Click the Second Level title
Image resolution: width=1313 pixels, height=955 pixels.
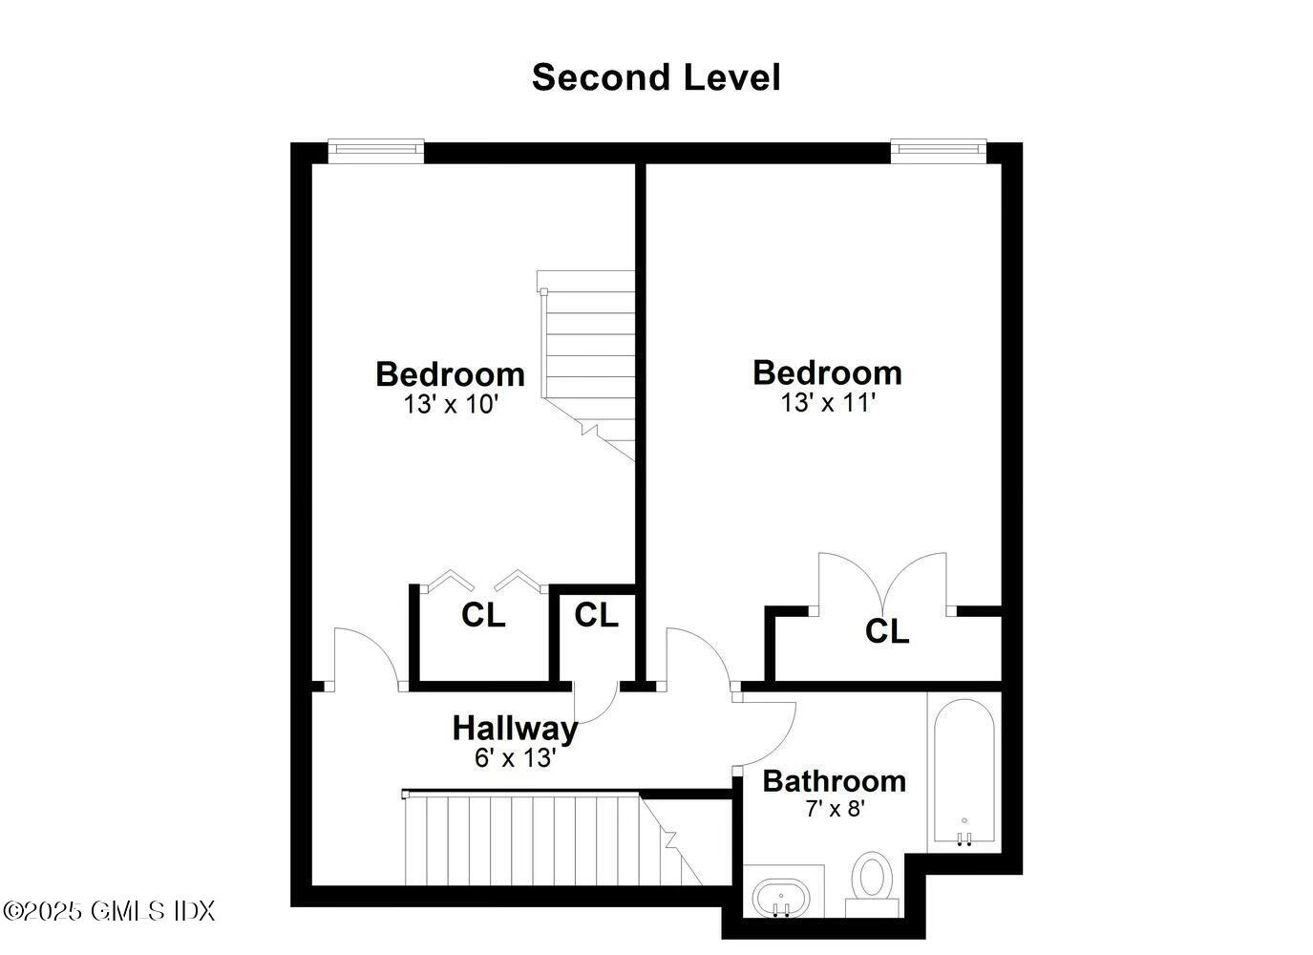656,77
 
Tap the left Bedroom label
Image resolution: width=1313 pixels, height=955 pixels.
450,373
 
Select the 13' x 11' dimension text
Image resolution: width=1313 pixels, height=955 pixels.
828,403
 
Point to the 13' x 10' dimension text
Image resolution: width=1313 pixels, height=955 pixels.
451,405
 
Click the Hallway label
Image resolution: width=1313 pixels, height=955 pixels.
515,728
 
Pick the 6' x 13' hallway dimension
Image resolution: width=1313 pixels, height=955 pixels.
515,758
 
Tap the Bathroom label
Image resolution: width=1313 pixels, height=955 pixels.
834,781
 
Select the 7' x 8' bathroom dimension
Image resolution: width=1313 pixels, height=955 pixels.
835,810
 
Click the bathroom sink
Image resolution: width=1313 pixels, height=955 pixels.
781,898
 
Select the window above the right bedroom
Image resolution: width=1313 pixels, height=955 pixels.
938,147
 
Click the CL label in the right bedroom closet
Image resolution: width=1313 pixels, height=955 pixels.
887,631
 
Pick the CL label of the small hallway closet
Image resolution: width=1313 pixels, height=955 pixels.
596,616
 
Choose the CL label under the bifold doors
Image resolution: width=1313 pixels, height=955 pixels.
483,616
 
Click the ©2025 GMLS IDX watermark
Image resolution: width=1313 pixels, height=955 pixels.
109,911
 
